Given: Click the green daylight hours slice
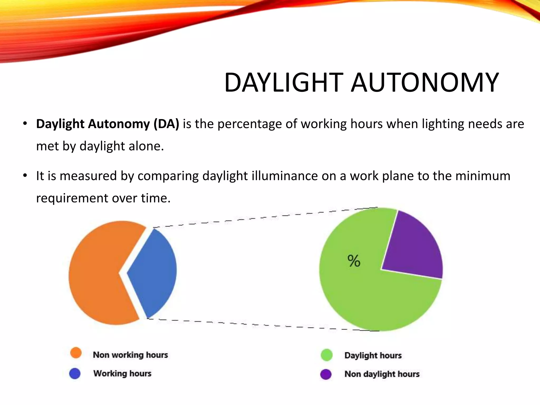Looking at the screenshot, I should (x=369, y=298).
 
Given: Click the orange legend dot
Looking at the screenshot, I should (x=76, y=353).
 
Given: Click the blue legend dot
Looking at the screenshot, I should (x=75, y=373).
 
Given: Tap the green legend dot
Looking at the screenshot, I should (x=327, y=355).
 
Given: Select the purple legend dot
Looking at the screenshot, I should (x=326, y=374).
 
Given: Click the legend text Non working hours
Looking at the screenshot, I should (x=130, y=355).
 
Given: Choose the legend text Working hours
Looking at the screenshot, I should (x=122, y=373).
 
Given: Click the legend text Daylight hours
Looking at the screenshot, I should (x=373, y=355).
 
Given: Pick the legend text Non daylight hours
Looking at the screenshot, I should (x=382, y=374).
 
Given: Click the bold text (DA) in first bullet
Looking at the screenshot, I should (x=166, y=124).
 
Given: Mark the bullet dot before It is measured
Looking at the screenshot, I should (x=25, y=175).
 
